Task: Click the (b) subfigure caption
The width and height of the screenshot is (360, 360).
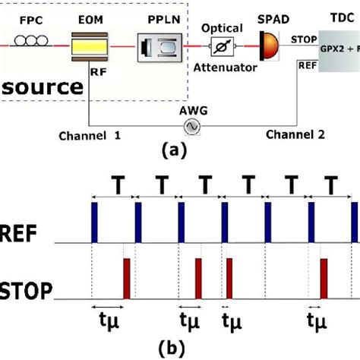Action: pyautogui.click(x=180, y=350)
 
